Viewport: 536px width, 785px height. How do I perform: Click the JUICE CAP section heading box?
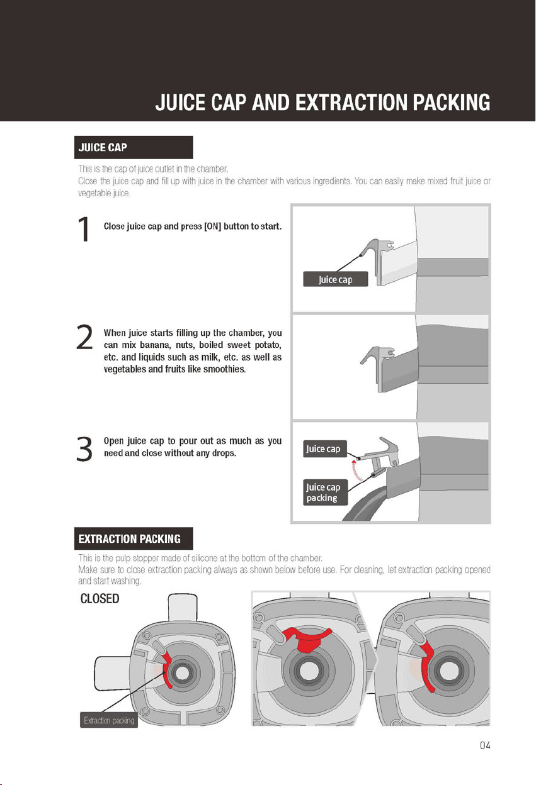point(134,147)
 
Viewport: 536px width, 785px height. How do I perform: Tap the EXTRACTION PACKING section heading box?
point(134,538)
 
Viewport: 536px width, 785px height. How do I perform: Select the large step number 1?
point(84,229)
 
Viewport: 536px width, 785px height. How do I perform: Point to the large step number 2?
point(84,337)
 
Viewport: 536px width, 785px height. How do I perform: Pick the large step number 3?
point(84,449)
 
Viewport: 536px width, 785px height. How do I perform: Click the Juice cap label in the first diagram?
point(336,279)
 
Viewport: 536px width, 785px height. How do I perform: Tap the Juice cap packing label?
point(326,493)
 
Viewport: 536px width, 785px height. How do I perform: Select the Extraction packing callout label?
point(109,720)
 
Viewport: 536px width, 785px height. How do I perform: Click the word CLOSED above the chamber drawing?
point(100,599)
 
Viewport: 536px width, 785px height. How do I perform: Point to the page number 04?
point(485,745)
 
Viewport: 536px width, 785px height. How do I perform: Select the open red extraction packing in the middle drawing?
point(307,639)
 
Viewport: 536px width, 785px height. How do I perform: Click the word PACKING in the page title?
point(452,103)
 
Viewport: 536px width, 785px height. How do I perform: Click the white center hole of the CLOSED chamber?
point(182,673)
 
